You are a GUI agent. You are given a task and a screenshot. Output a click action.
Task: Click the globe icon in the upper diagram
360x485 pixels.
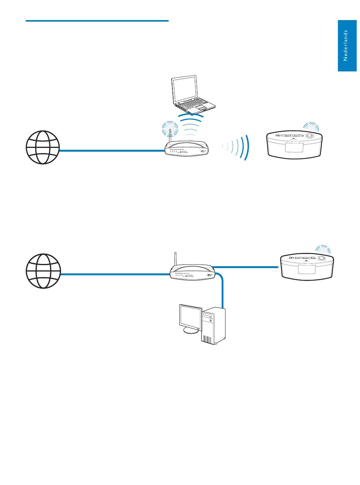pos(43,148)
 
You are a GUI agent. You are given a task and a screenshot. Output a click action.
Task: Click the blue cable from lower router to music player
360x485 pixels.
pos(246,267)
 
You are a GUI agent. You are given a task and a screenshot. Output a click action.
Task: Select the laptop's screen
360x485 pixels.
pos(184,89)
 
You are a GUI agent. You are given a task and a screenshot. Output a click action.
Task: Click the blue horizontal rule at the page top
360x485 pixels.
pos(97,21)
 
